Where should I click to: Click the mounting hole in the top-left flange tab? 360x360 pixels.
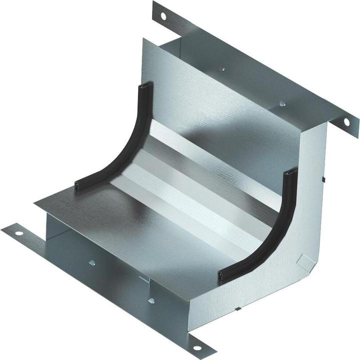tap(162, 15)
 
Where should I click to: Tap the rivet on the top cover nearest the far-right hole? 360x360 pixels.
tap(282, 104)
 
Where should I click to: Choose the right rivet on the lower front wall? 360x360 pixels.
tap(151, 300)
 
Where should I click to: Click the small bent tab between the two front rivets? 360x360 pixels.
tap(143, 278)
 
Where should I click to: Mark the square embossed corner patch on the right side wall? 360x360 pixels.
tap(301, 259)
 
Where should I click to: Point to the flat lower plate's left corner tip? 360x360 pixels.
tap(35, 204)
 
